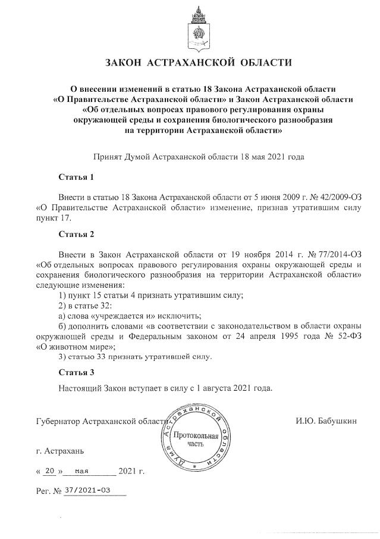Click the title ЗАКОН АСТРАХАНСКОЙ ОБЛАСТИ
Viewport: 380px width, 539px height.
coord(199,63)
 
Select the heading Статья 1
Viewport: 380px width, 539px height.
coord(76,177)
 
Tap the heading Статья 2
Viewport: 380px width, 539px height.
coord(76,233)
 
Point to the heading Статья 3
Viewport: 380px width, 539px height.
coord(76,373)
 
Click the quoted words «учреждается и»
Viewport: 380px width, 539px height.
coord(129,315)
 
